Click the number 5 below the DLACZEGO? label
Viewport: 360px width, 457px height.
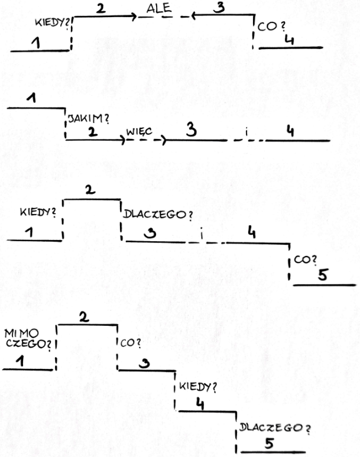pyautogui.click(x=269, y=443)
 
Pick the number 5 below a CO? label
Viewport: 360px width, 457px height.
pyautogui.click(x=322, y=275)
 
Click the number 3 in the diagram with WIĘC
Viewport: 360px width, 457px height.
pyautogui.click(x=190, y=129)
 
